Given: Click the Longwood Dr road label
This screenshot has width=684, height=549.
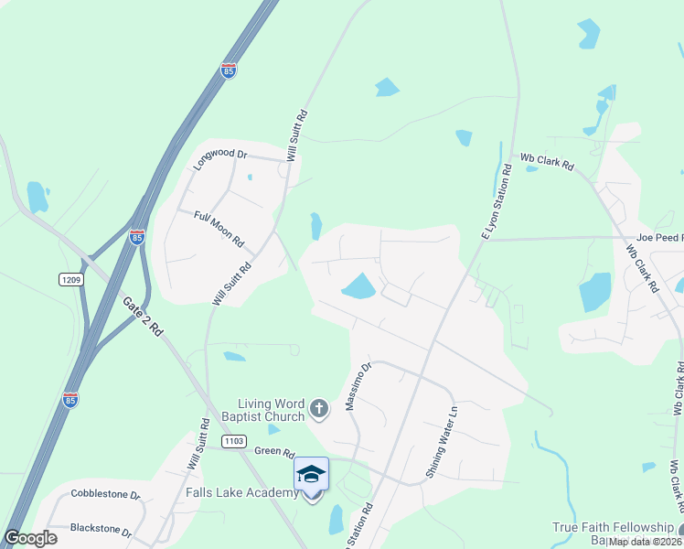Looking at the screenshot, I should (220, 158).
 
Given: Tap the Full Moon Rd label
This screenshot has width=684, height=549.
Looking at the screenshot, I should (219, 229).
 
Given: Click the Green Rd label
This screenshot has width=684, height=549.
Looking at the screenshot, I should (274, 450).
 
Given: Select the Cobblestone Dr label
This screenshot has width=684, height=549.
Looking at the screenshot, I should (104, 495).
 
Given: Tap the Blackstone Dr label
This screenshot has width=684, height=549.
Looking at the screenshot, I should (101, 531).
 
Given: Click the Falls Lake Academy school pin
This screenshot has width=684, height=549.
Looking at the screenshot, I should (311, 474).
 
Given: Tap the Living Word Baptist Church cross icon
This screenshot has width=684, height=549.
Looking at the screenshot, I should (318, 408).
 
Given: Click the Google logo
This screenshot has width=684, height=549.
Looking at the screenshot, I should (31, 538).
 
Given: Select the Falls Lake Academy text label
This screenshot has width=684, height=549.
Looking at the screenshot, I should (241, 493).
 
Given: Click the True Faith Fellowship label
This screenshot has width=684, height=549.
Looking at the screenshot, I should (612, 528).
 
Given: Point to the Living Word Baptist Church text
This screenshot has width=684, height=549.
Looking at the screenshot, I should (271, 410).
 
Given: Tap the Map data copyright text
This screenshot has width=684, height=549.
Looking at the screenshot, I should (643, 542).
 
